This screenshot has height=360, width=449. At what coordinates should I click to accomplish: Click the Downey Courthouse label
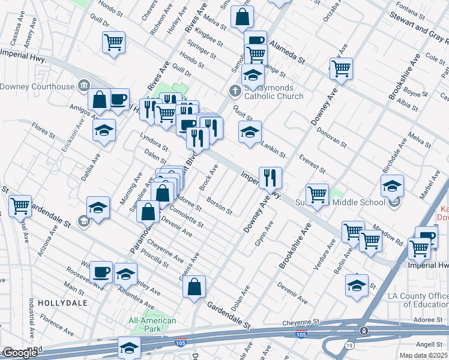37,86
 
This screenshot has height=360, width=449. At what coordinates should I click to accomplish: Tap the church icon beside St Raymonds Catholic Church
235,91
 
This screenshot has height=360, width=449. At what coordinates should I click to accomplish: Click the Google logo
19,353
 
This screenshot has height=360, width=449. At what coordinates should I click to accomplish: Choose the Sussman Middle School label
339,203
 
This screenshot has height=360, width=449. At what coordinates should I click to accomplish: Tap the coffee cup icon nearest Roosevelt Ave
101,272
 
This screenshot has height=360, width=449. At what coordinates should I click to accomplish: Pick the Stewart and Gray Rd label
417,26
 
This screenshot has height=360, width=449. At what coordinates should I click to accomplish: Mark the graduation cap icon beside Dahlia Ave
104,130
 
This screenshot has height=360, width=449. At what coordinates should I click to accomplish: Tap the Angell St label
429,343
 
